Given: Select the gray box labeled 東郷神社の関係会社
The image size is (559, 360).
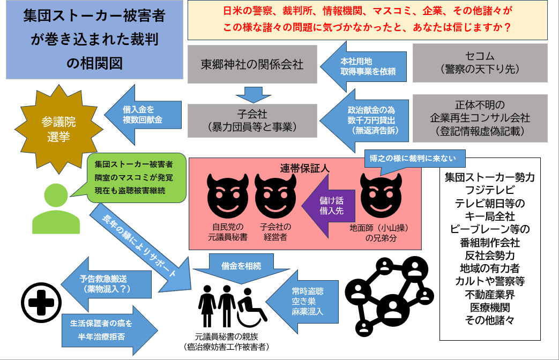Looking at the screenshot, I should (x=252, y=64).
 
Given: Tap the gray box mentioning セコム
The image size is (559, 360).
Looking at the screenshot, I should (x=480, y=63).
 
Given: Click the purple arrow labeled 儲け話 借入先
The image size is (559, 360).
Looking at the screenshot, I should (x=325, y=205).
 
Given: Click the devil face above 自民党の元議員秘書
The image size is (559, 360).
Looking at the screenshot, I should (x=227, y=193).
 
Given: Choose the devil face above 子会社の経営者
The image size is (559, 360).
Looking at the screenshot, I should (x=275, y=193).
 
